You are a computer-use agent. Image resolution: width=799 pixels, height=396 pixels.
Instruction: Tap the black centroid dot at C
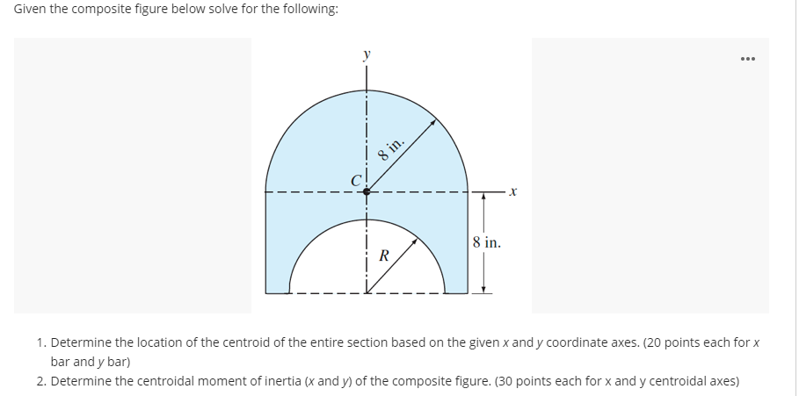[x=367, y=190]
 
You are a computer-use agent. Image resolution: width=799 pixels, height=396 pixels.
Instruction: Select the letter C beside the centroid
[x=355, y=181]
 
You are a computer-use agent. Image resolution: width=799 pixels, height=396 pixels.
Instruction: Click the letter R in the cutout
[x=383, y=256]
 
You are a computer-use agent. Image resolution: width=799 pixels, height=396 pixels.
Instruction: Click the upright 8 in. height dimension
[x=486, y=242]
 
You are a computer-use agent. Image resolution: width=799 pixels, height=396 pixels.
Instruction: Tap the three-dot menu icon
[x=748, y=61]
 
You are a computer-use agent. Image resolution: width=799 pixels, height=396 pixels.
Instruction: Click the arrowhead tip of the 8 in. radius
[x=434, y=122]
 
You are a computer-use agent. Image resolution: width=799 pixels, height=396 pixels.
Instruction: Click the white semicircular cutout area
[x=367, y=268]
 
